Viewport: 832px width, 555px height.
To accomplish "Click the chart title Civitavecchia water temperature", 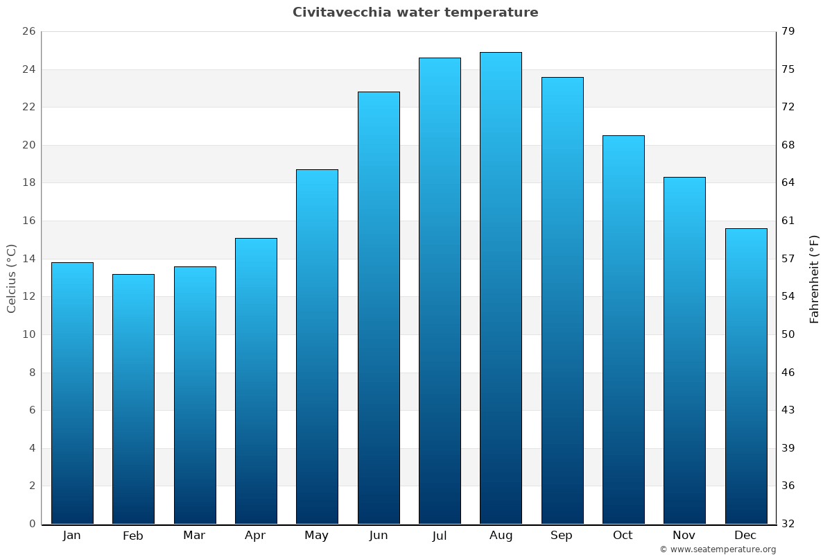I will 415,12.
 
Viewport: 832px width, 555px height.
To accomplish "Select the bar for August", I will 501,288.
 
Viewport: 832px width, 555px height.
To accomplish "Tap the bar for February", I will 133,399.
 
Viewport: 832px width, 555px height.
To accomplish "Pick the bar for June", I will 379,307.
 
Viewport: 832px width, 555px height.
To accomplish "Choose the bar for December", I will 746,376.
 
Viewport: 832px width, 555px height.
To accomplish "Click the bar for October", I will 623,330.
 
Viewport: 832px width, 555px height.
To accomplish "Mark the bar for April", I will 256,381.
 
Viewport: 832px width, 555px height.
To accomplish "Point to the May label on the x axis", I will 317,536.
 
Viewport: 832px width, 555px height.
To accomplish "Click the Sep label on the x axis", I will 562,536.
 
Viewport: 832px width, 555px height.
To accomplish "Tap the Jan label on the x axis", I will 71,536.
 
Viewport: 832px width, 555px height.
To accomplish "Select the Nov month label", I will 684,536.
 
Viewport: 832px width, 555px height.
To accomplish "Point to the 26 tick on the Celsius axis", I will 28,32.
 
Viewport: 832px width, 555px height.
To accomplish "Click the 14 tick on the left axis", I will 28,259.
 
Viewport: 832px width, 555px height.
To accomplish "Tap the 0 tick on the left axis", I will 32,524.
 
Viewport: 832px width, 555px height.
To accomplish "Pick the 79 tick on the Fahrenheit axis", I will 789,32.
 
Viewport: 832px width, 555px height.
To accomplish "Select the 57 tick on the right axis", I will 789,259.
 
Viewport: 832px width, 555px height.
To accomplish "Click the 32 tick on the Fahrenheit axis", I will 789,524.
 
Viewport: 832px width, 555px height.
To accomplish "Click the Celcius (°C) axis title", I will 11,278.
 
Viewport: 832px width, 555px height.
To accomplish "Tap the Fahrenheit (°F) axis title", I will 815,278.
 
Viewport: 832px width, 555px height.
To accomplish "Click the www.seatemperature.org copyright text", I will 718,549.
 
